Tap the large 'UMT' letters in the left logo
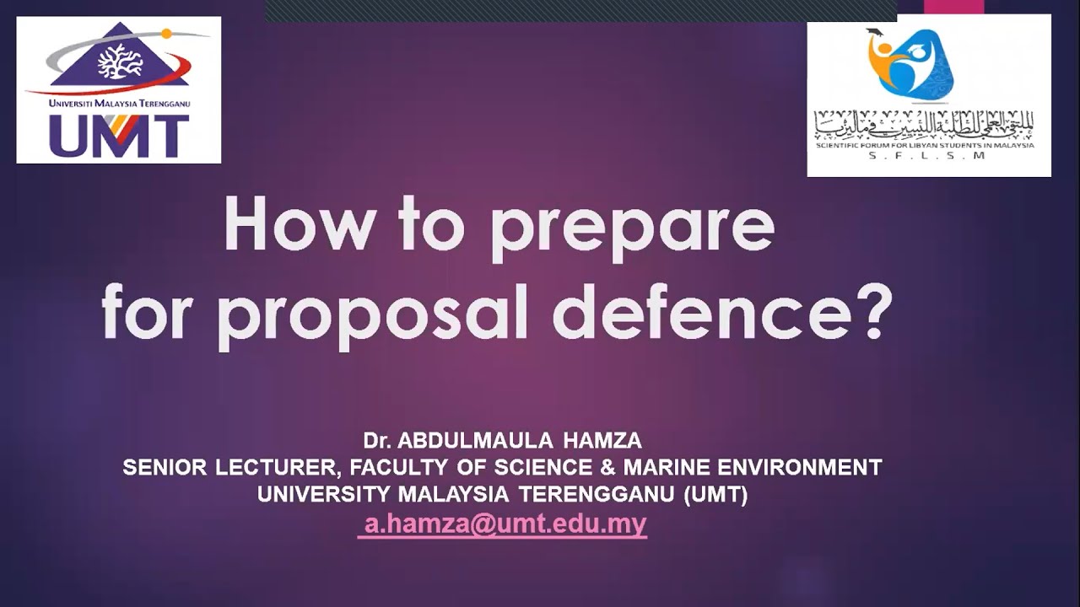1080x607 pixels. click(118, 135)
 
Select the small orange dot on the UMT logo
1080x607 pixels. click(167, 34)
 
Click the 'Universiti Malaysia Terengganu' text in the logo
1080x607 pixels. click(119, 103)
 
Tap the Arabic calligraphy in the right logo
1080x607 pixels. click(924, 125)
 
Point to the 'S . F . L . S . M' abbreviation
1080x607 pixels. click(926, 156)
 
